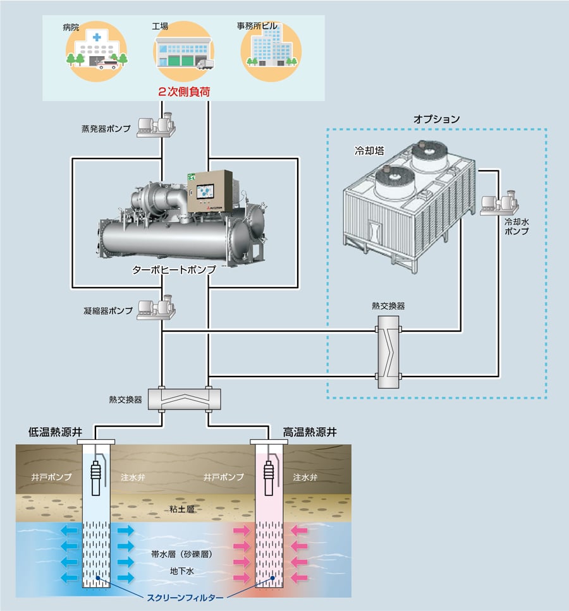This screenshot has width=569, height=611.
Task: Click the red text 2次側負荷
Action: pyautogui.click(x=184, y=92)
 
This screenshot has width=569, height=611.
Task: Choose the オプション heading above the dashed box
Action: pyautogui.click(x=436, y=118)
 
